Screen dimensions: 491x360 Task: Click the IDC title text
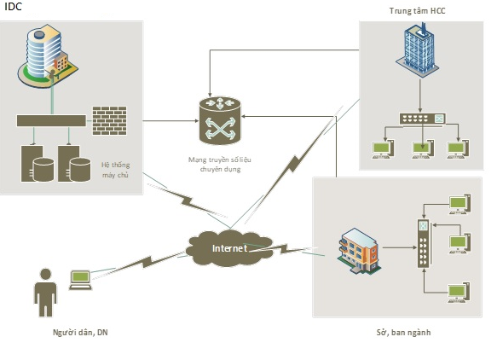pos(13,6)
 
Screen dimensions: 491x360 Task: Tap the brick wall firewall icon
pos(110,120)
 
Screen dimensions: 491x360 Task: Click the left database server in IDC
pos(38,163)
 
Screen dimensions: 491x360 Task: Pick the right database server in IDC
pos(74,163)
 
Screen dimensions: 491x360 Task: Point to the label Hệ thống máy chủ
pos(115,170)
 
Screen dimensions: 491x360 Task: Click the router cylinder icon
pos(220,120)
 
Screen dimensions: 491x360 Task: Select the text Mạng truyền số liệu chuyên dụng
pos(220,164)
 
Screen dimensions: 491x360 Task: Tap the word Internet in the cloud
pos(229,248)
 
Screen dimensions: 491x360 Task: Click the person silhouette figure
pos(46,293)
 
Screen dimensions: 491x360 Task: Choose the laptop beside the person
pos(80,280)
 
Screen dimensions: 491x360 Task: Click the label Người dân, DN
pos(80,332)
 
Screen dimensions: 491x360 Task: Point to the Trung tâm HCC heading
pos(417,10)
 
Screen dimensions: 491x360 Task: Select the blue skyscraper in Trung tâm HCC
pos(417,49)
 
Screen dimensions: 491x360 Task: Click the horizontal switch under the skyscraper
pos(422,119)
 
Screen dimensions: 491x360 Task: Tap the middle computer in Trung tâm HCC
pos(423,148)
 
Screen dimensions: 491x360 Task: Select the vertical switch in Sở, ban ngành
pos(424,244)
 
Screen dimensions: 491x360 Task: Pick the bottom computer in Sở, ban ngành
pos(459,293)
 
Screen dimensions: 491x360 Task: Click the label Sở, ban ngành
pos(403,332)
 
